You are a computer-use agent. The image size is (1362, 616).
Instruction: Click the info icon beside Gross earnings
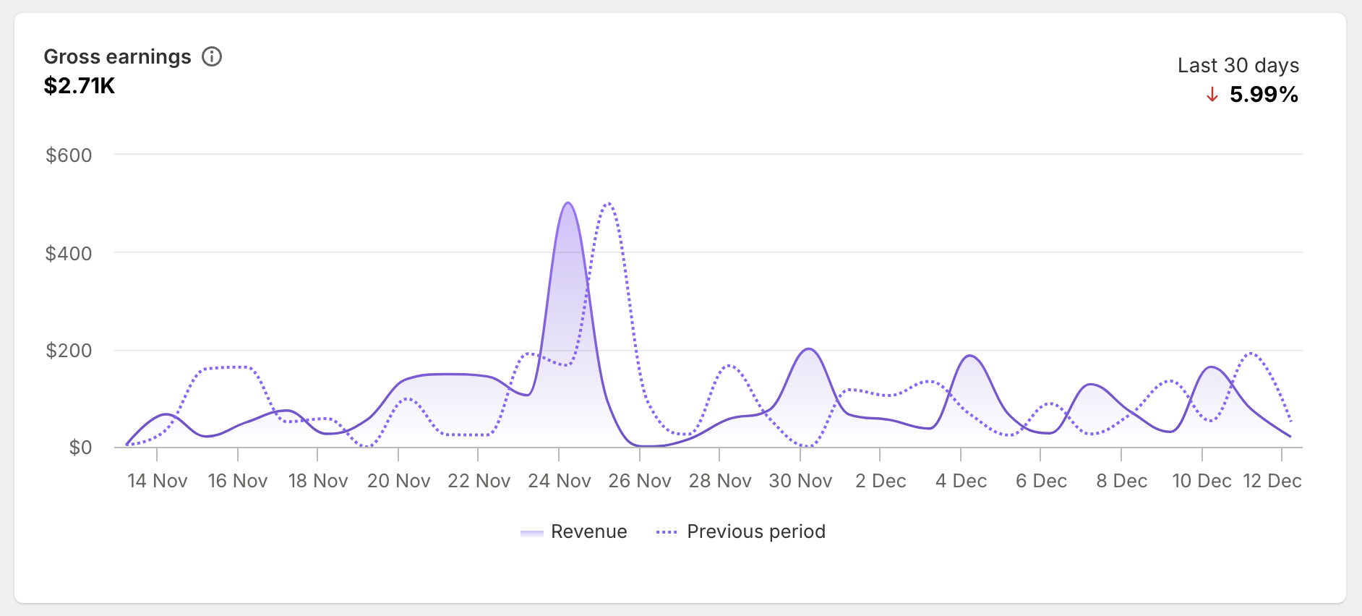coord(212,56)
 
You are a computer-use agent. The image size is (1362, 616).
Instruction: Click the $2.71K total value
coord(80,86)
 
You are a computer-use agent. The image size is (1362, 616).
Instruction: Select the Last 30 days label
coord(1238,66)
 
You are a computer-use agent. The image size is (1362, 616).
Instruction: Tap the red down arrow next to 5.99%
coord(1212,95)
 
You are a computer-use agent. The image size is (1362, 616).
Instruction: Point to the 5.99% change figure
coord(1264,95)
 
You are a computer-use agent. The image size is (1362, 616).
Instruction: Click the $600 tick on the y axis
coord(69,155)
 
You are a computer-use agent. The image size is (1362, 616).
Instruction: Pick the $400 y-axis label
coord(69,254)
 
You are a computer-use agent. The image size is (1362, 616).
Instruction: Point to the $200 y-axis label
coord(69,351)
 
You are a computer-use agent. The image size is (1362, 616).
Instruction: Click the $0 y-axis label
coord(80,448)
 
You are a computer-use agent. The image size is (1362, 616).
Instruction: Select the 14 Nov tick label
coord(157,481)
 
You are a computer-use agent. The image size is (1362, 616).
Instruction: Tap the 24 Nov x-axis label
coord(559,481)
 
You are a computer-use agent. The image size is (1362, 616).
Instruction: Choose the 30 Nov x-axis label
coord(800,481)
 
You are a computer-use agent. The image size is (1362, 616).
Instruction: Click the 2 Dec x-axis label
coord(881,481)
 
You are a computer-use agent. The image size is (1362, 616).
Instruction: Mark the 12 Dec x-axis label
coord(1272,481)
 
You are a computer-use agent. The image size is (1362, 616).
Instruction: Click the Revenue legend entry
coord(588,532)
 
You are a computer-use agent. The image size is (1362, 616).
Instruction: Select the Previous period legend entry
coord(755,532)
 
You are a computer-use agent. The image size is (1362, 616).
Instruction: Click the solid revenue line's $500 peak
coord(567,203)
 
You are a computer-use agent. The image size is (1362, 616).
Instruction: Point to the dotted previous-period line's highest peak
coord(609,204)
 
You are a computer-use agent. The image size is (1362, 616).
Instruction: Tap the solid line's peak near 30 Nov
coord(809,349)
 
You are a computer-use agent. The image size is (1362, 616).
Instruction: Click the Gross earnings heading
coord(117,56)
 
